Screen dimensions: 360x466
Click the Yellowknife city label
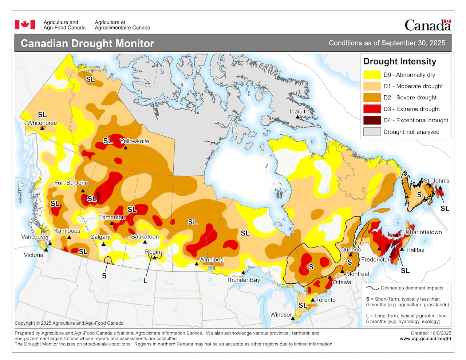pos(135,141)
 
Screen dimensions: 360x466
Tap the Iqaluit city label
pos(297,111)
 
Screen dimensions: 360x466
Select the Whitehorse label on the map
pos(42,123)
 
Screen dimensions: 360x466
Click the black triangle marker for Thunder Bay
pos(243,273)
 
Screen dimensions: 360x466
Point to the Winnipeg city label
pos(211,260)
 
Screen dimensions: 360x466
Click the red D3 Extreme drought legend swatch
pos(372,109)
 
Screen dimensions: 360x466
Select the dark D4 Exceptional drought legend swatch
pos(372,120)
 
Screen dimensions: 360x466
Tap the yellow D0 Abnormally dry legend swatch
pos(372,75)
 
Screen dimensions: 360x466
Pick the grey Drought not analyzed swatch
pos(372,132)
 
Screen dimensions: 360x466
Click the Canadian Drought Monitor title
pos(87,43)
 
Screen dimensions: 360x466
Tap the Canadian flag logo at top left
pos(25,25)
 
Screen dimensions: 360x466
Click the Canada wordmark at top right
pos(427,25)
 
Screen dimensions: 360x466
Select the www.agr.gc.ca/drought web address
pos(425,339)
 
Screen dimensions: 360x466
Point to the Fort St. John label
pos(71,183)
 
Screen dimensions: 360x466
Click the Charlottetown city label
pos(424,232)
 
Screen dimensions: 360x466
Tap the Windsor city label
pos(281,314)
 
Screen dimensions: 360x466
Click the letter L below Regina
pos(145,281)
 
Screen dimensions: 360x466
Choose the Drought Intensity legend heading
pos(400,62)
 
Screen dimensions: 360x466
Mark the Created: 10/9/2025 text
pos(431,333)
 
